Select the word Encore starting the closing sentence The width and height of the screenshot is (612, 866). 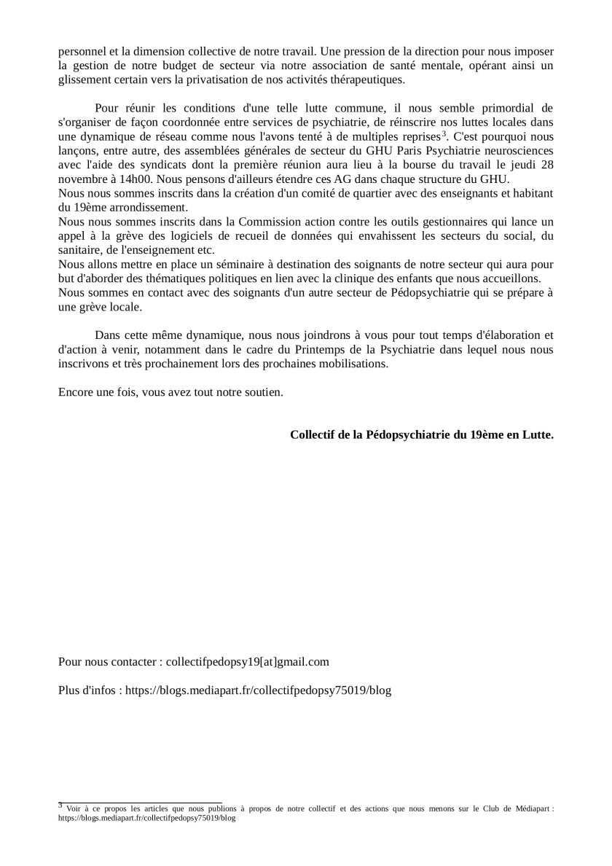pos(76,391)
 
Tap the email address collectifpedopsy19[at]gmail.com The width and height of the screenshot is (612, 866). pos(248,662)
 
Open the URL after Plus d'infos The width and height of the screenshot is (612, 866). pos(258,690)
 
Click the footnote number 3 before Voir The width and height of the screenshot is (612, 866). pos(60,805)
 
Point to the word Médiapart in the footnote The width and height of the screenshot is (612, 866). pos(529,808)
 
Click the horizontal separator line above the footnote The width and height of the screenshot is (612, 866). pos(140,802)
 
